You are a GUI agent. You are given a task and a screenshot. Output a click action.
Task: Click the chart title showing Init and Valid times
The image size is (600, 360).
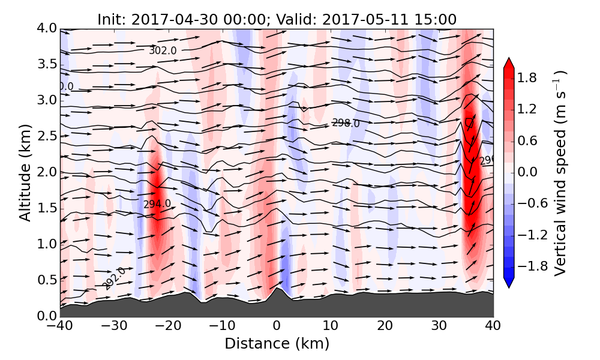tap(277, 19)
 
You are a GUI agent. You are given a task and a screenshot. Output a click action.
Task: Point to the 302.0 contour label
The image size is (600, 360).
tap(163, 50)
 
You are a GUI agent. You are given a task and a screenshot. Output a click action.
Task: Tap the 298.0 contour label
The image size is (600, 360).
tap(346, 123)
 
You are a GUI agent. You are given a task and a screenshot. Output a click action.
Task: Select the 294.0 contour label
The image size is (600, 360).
tap(157, 204)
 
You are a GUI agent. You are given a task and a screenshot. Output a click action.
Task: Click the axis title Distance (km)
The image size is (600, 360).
tap(277, 344)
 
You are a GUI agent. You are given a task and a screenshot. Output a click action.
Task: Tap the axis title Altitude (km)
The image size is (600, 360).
tap(25, 172)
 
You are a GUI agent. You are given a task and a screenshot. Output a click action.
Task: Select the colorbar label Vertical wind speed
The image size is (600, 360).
tap(560, 173)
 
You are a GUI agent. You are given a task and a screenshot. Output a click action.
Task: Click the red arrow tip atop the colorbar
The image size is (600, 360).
tap(509, 62)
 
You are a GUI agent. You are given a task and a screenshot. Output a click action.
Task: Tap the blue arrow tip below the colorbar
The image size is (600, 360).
tap(509, 283)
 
